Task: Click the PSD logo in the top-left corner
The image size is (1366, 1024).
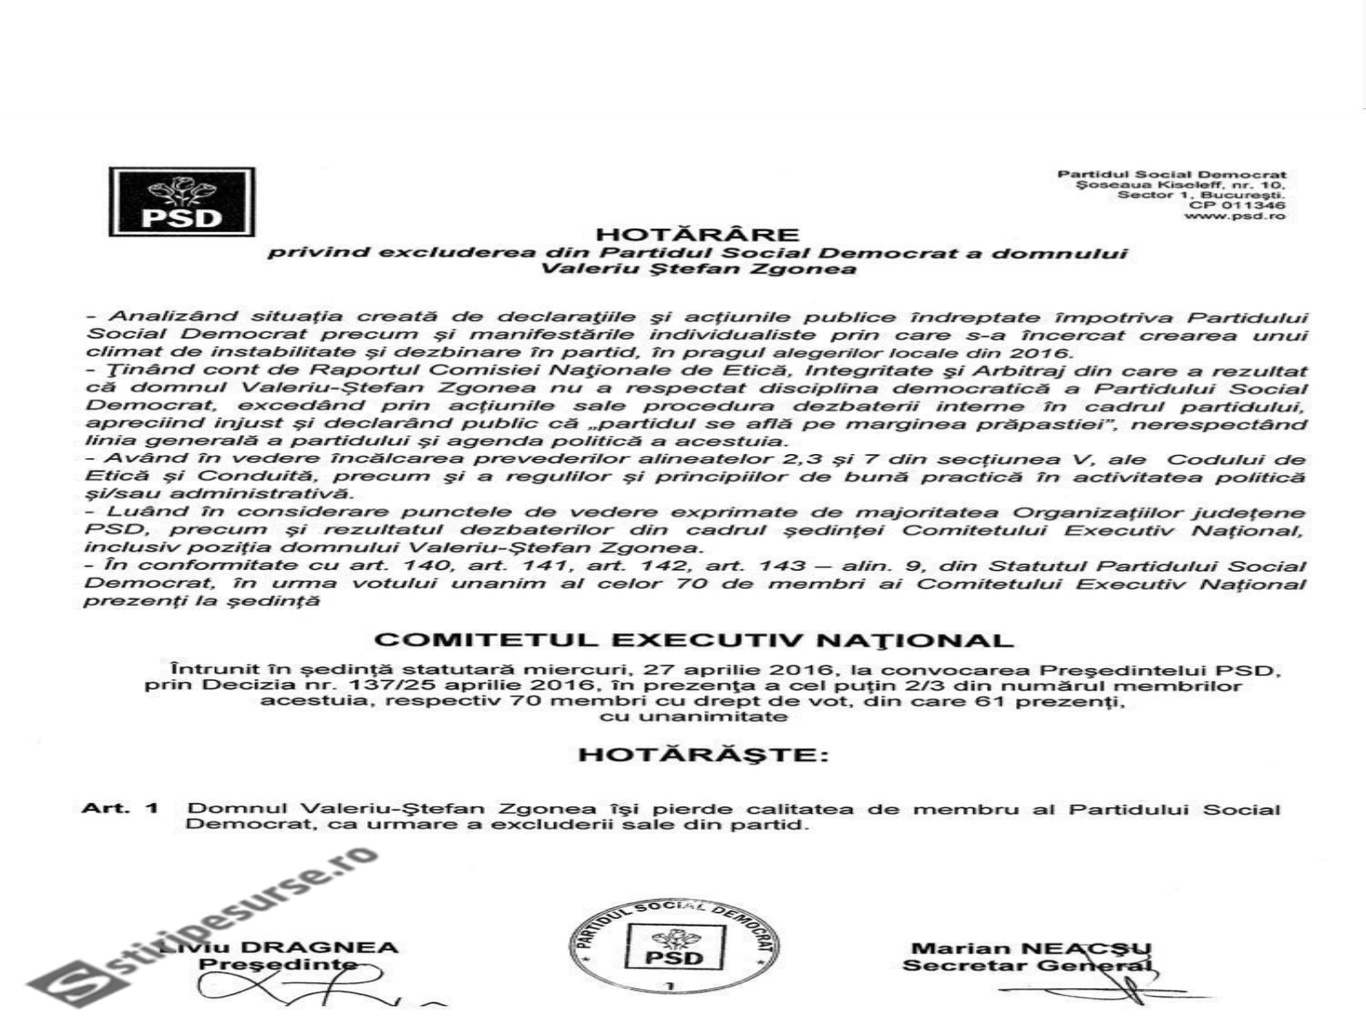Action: tap(182, 202)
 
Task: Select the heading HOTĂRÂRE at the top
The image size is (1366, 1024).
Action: tap(697, 235)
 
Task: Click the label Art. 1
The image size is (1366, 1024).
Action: tap(120, 807)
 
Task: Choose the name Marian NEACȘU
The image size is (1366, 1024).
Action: tap(1031, 948)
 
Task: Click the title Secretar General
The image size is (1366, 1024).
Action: tap(1029, 966)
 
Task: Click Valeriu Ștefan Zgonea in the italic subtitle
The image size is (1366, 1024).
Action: tap(697, 270)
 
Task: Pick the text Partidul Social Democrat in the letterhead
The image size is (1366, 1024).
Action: tap(1171, 175)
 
